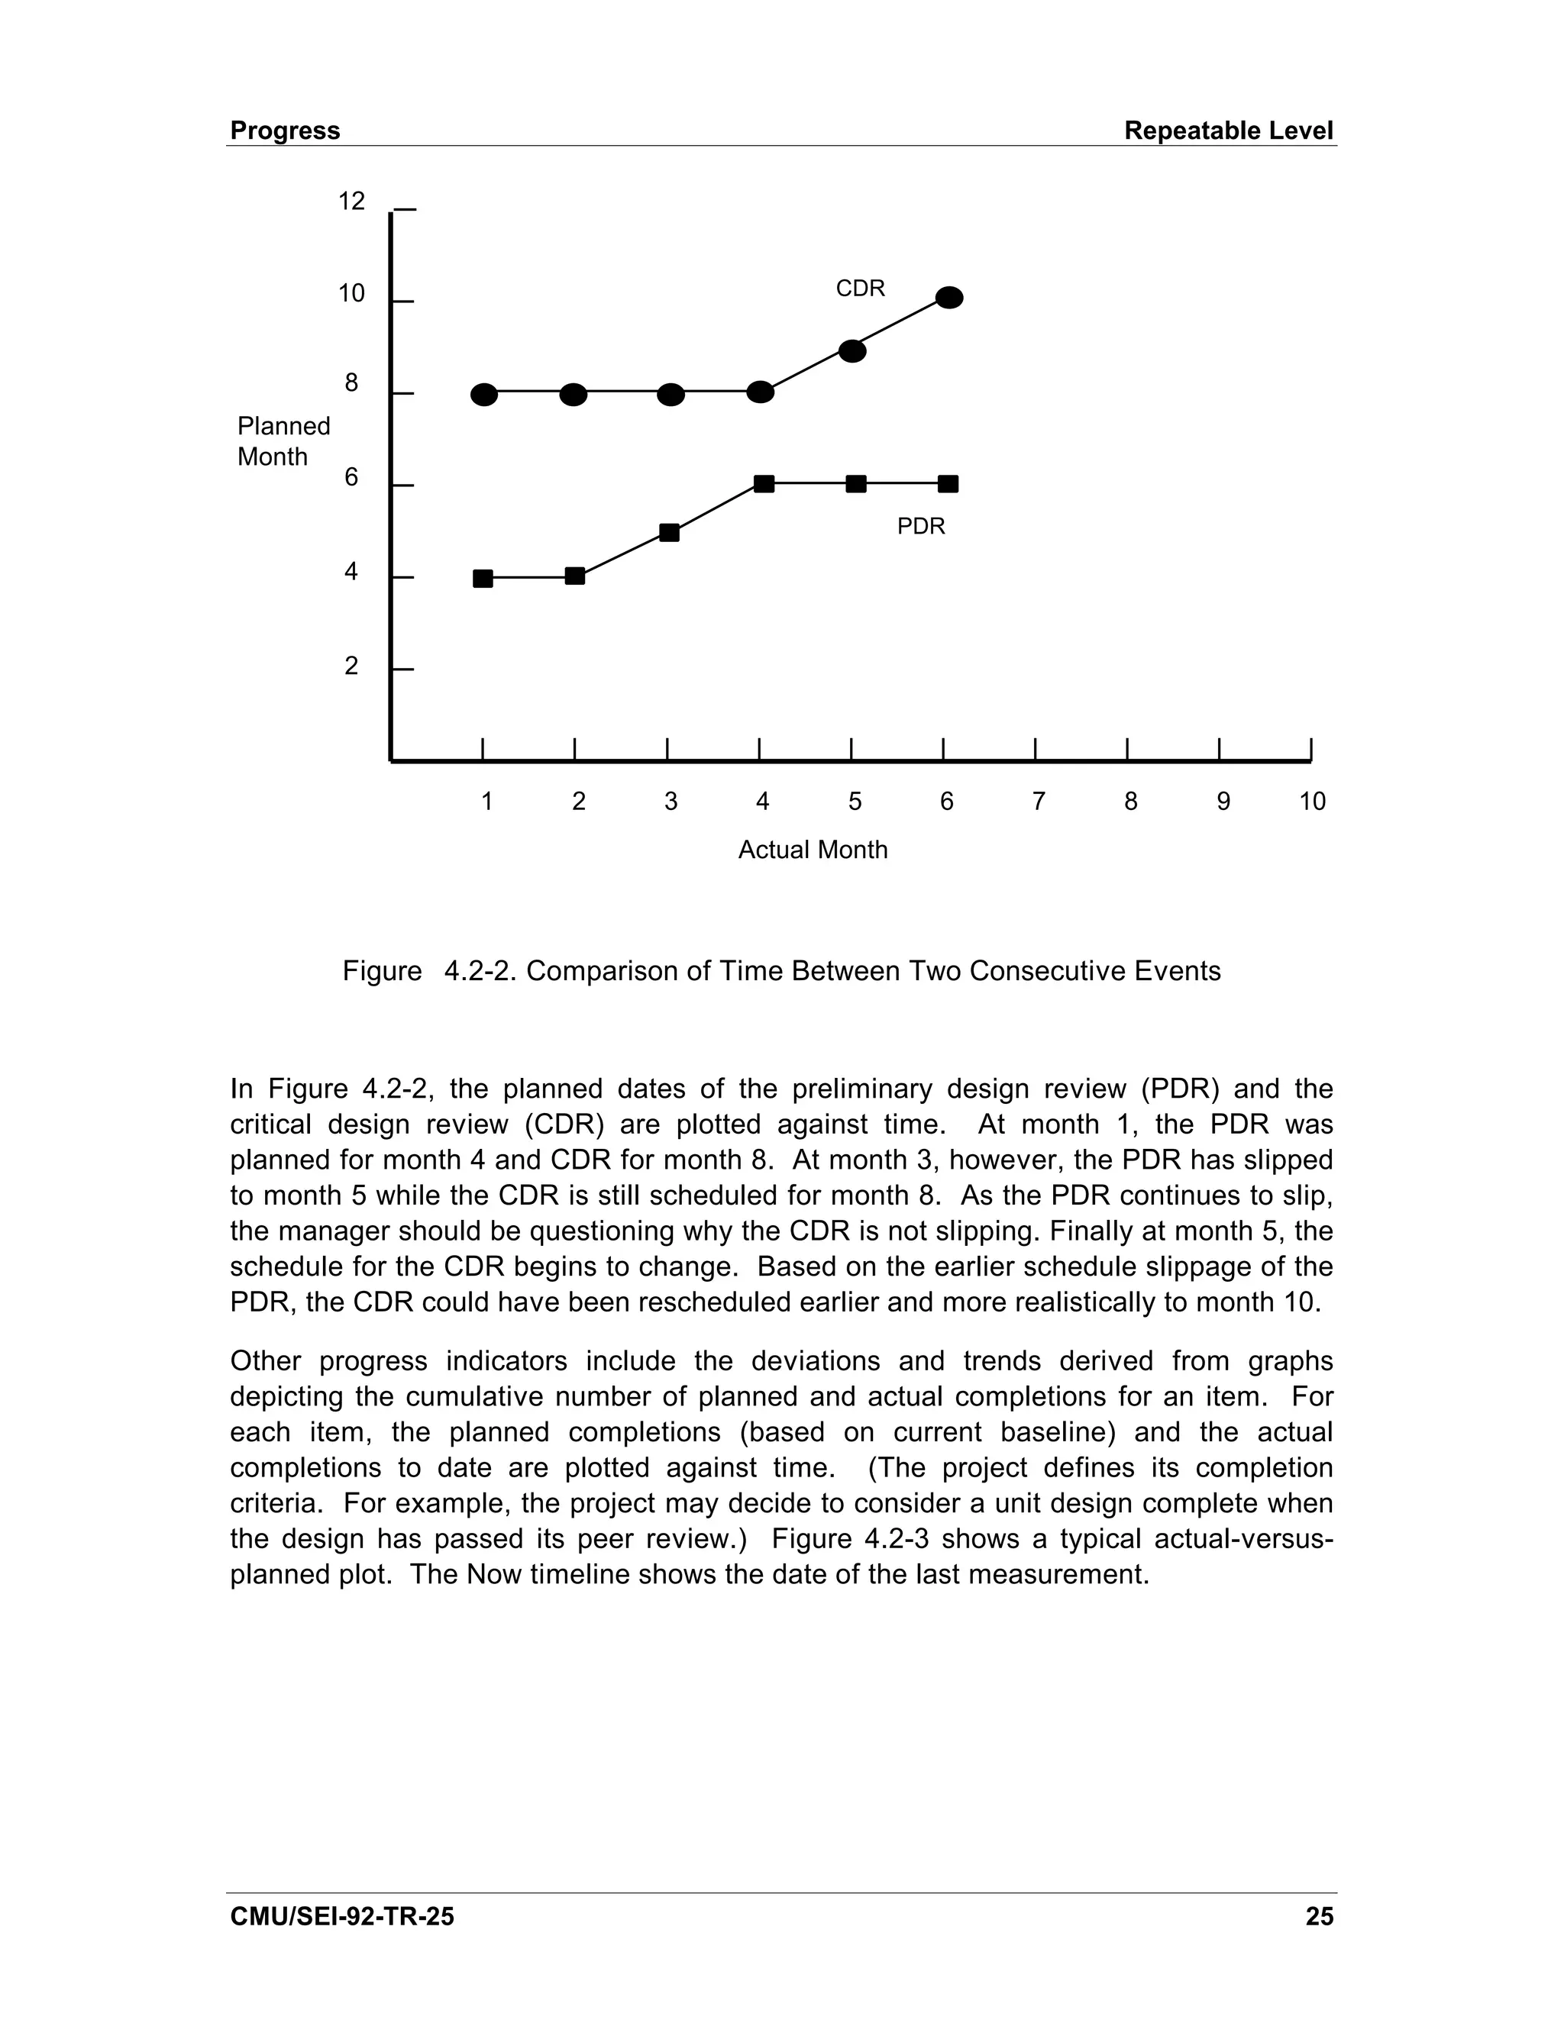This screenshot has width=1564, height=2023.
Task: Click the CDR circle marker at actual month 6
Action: [948, 297]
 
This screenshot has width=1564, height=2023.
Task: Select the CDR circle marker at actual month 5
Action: [852, 351]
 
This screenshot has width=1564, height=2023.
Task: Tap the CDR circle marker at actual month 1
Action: [483, 395]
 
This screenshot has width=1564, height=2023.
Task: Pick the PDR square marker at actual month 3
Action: [669, 533]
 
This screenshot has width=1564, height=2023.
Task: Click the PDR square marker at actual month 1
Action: [483, 579]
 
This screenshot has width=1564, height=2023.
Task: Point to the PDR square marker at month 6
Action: [948, 483]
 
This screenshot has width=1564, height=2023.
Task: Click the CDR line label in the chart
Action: [860, 289]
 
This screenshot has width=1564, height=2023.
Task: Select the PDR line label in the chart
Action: [920, 526]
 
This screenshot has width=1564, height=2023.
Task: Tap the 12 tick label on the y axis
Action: [351, 201]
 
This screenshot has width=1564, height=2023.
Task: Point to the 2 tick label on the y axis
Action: [351, 666]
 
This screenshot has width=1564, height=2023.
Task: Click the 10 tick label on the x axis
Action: [1311, 802]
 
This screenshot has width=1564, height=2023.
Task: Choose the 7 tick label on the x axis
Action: [1038, 802]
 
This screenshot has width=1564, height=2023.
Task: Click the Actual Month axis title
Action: [812, 850]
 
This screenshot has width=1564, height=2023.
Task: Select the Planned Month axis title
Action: [283, 441]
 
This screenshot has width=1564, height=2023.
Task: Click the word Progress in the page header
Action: [284, 131]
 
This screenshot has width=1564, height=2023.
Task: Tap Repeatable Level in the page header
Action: [1228, 131]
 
